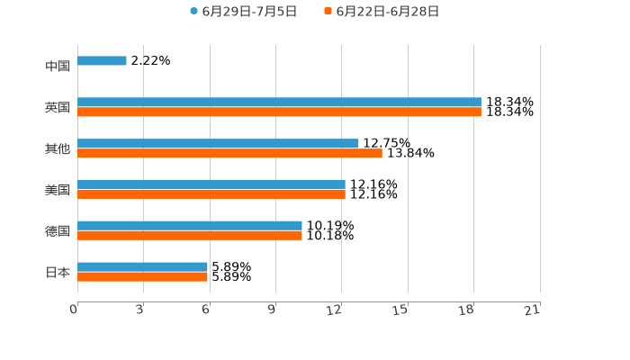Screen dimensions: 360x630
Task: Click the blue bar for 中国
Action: pyautogui.click(x=102, y=61)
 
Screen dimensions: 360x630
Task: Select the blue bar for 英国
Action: pyautogui.click(x=279, y=103)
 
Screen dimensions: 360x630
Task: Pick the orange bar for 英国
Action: pyautogui.click(x=279, y=112)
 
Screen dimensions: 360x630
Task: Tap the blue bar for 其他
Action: pyautogui.click(x=218, y=143)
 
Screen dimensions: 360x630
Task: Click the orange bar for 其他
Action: pyautogui.click(x=229, y=154)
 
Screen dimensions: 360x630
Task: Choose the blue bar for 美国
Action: pyautogui.click(x=211, y=184)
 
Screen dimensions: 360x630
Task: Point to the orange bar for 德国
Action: pyautogui.click(x=190, y=236)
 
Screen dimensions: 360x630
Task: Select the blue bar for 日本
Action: pyautogui.click(x=142, y=266)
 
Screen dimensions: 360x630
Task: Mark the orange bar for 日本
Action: pyautogui.click(x=142, y=277)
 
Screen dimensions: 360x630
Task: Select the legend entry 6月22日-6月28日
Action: pyautogui.click(x=387, y=12)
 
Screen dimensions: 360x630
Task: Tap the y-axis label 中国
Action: pyautogui.click(x=58, y=67)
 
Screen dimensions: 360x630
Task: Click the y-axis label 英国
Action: pyautogui.click(x=58, y=108)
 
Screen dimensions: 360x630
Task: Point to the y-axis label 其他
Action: pyautogui.click(x=58, y=148)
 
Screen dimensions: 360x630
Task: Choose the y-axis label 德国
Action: pyautogui.click(x=58, y=231)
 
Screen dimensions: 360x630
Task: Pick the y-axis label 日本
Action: pyautogui.click(x=58, y=272)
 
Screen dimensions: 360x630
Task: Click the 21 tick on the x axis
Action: pyautogui.click(x=533, y=310)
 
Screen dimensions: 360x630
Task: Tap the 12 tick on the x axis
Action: pyautogui.click(x=335, y=310)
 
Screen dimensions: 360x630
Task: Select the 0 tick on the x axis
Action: pyautogui.click(x=74, y=310)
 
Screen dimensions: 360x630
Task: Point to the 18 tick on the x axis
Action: pyautogui.click(x=466, y=310)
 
